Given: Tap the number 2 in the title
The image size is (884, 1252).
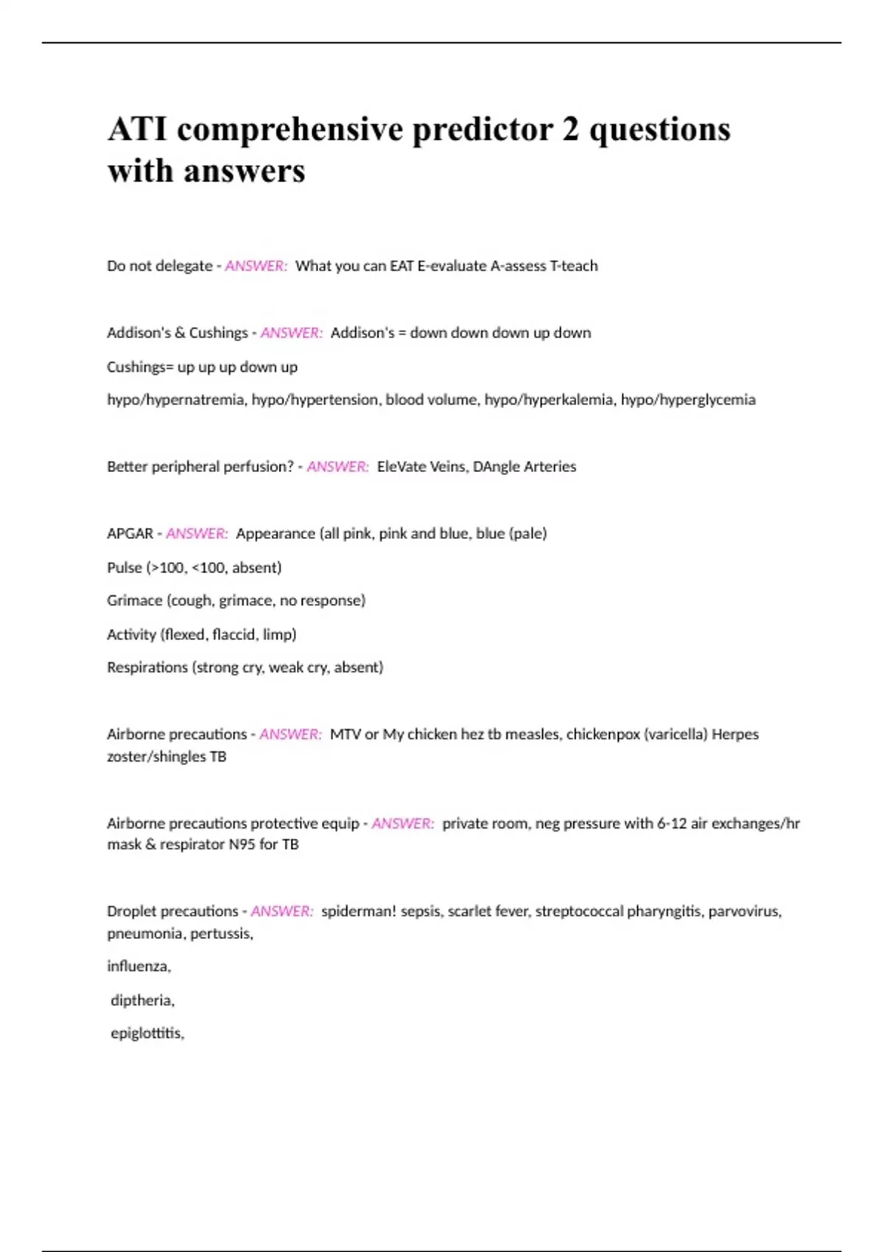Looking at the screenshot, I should point(570,130).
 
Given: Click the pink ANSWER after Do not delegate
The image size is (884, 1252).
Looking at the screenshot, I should point(256,266).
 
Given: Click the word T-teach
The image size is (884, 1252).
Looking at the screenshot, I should point(574,266).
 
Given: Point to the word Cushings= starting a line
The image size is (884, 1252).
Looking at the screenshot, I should point(140,367).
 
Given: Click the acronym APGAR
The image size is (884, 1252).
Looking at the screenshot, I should point(130,533).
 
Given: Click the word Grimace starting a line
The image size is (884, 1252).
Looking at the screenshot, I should point(134,600).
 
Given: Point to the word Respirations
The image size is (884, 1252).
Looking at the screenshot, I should point(147,667).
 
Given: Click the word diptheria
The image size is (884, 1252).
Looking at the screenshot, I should point(142,1000).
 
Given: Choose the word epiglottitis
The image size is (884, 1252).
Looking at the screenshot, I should point(147,1033).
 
